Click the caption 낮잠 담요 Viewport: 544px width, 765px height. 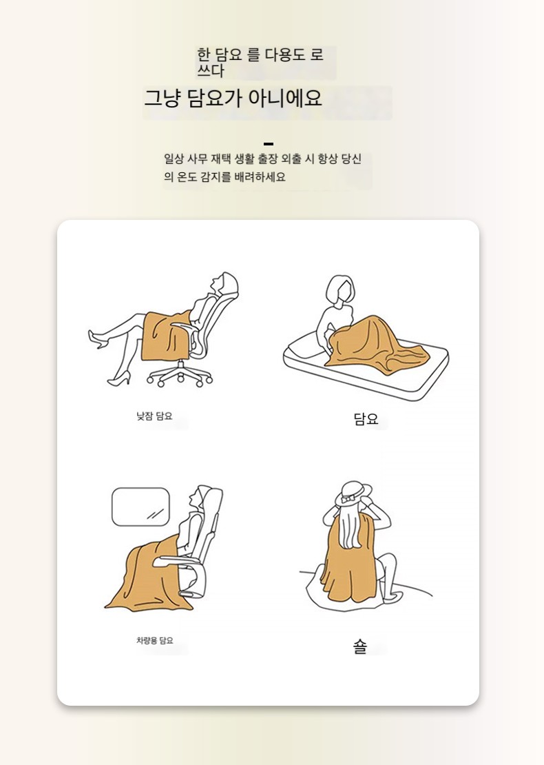click(x=154, y=416)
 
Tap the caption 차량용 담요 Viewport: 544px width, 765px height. click(x=154, y=640)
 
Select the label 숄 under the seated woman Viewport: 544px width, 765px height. click(x=359, y=647)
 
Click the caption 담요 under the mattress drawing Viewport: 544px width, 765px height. click(x=366, y=419)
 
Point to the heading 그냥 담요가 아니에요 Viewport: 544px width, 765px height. click(x=233, y=98)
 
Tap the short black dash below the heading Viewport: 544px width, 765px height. click(x=268, y=144)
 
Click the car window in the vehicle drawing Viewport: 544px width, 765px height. click(x=141, y=507)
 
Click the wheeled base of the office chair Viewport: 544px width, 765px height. click(x=180, y=375)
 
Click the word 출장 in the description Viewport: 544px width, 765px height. click(x=278, y=159)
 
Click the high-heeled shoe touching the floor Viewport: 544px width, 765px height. click(x=119, y=378)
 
